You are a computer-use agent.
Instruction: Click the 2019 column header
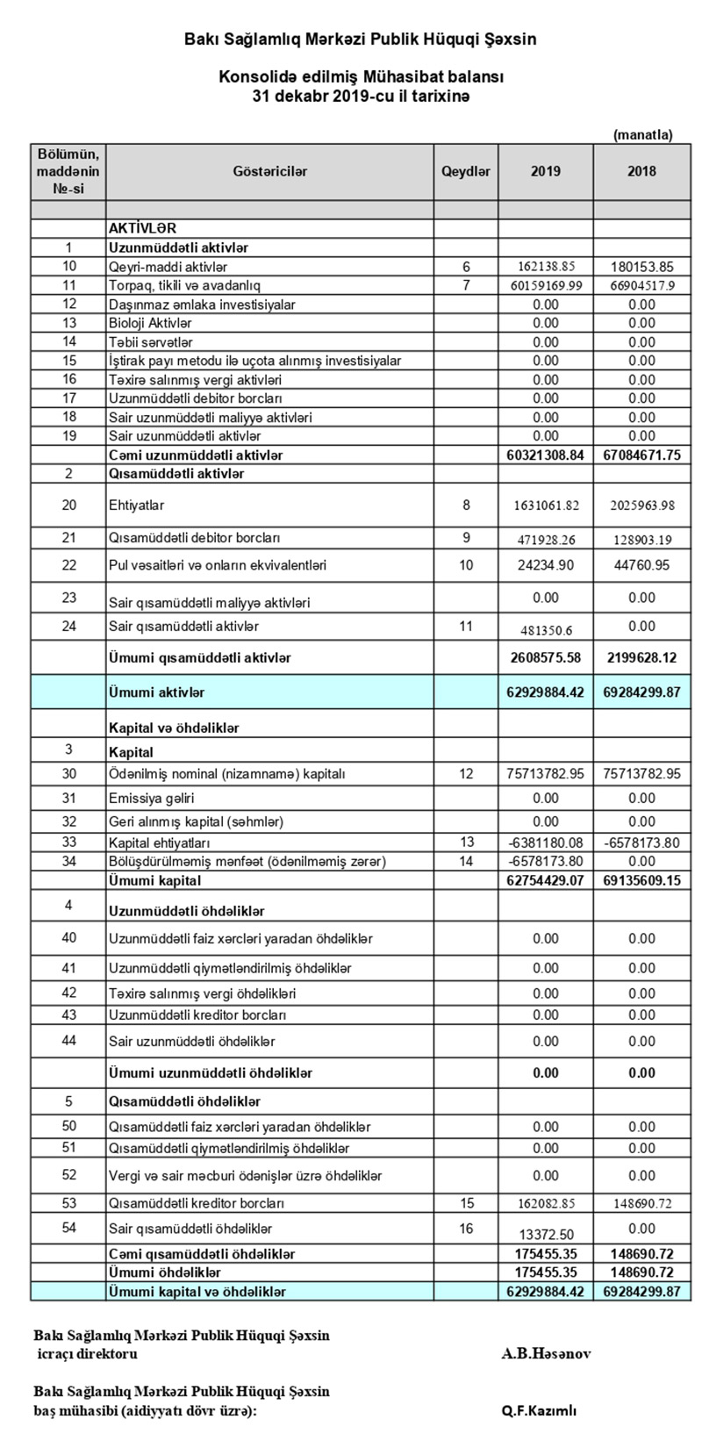click(545, 172)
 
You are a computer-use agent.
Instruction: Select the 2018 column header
click(641, 172)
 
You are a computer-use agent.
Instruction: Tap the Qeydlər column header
click(466, 172)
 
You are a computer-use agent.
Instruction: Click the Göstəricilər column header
click(270, 172)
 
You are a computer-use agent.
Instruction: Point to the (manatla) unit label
click(642, 134)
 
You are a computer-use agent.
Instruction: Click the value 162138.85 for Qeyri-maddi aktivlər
click(545, 267)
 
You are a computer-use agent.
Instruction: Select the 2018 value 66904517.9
click(641, 286)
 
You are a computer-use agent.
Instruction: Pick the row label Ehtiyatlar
click(137, 505)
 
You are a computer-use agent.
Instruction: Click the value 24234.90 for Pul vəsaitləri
click(545, 565)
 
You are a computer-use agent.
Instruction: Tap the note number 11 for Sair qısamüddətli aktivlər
click(466, 627)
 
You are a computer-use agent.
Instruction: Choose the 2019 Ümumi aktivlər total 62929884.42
click(545, 692)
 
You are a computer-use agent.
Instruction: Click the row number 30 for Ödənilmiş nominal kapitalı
click(69, 773)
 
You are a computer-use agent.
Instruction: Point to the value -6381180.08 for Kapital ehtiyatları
click(545, 842)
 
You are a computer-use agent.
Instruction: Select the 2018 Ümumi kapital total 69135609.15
click(641, 880)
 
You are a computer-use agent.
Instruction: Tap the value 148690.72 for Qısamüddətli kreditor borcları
click(641, 1203)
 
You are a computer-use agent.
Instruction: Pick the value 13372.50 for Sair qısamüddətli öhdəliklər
click(545, 1234)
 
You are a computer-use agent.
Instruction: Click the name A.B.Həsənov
click(546, 1353)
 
